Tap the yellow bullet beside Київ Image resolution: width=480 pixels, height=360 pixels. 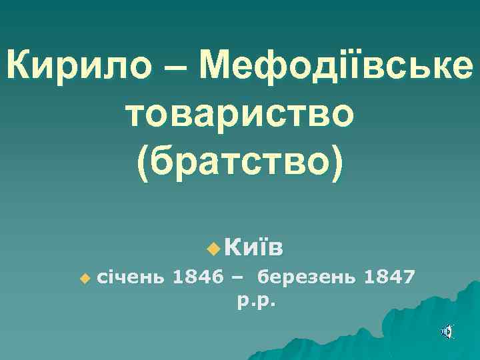(213, 249)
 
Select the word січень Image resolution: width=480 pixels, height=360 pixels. (129, 275)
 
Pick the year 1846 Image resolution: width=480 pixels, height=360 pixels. (197, 275)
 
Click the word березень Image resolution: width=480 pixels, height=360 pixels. (307, 275)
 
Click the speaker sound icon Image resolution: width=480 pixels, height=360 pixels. (448, 331)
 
